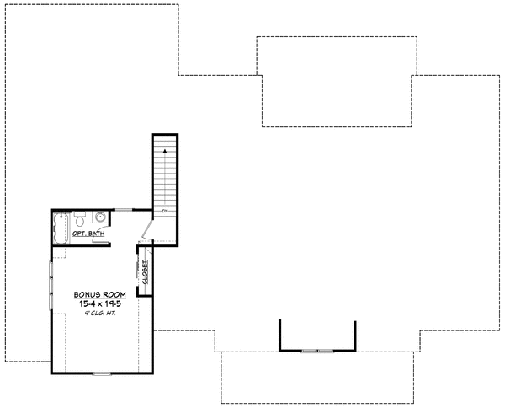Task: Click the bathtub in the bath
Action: click(60, 229)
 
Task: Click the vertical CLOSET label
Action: click(145, 273)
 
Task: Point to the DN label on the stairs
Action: click(166, 210)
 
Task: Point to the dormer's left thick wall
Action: click(280, 334)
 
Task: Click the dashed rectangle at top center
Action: click(336, 81)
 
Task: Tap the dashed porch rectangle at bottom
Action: click(316, 378)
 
